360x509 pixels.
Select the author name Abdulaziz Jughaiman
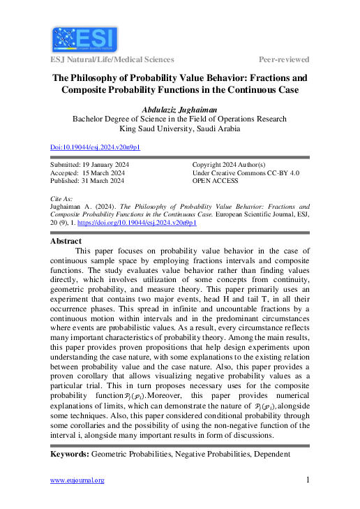[180, 110]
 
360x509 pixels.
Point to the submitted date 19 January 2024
[115, 164]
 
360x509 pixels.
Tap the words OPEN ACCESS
[215, 181]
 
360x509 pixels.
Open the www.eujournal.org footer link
[77, 480]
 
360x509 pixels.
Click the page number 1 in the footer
[308, 480]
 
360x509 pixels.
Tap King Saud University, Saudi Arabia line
[180, 128]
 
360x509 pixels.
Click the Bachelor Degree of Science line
[180, 119]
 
